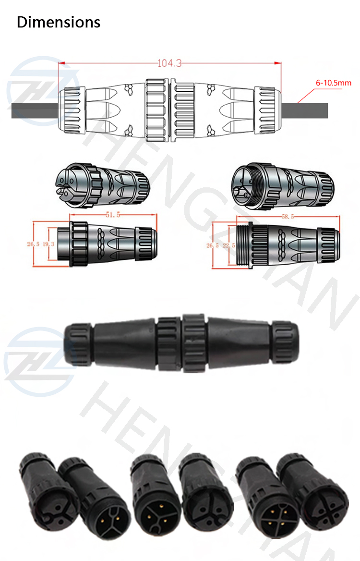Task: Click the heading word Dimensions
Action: click(59, 22)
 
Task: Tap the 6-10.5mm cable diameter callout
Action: click(333, 83)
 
